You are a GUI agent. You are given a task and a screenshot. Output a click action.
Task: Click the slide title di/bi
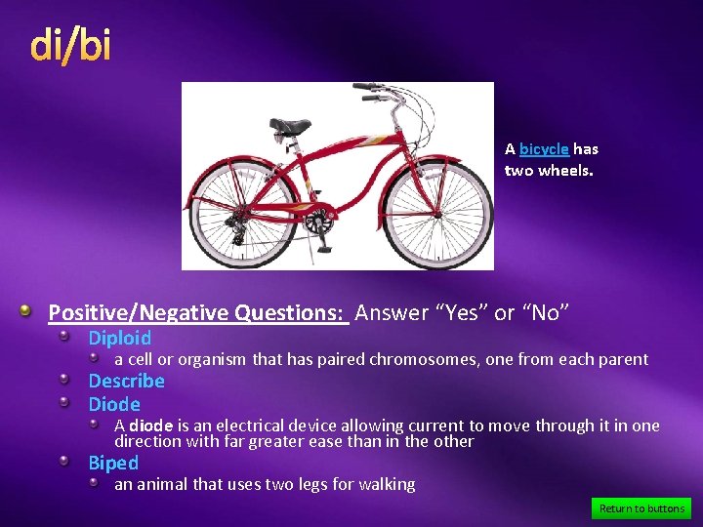(x=70, y=45)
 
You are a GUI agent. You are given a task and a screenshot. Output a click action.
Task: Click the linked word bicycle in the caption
(x=544, y=149)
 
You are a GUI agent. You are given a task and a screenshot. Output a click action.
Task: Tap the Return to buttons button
(x=641, y=508)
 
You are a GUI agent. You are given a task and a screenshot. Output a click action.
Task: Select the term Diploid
(x=120, y=339)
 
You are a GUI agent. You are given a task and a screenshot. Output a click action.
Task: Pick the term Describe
(x=126, y=381)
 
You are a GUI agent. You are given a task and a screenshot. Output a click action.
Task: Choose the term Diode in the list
(x=114, y=404)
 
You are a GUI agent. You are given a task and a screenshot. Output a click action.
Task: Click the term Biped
(x=113, y=463)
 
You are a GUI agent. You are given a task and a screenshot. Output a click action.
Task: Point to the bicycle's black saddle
(x=290, y=125)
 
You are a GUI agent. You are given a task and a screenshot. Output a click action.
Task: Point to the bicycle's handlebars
(x=376, y=93)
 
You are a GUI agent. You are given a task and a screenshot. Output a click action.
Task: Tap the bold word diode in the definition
(x=150, y=426)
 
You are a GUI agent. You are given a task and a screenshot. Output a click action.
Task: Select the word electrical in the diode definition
(x=231, y=426)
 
